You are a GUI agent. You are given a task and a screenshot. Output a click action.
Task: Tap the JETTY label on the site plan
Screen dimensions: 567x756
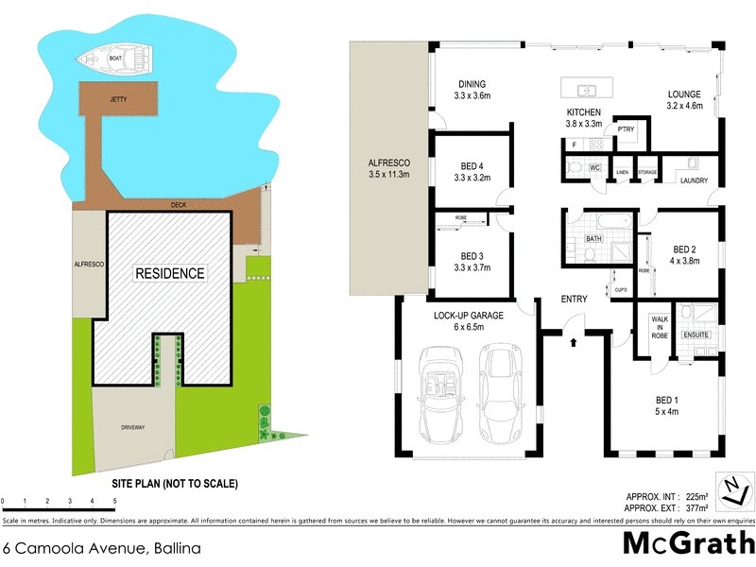pos(119,98)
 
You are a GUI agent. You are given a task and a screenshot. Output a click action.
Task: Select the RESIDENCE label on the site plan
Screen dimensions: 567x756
pos(169,273)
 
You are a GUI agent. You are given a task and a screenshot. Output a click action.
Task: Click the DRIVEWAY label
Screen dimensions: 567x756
pos(133,428)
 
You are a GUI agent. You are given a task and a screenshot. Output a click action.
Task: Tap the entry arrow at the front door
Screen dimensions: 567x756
pos(573,341)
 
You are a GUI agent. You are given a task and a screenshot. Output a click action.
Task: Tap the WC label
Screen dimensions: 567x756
pos(595,167)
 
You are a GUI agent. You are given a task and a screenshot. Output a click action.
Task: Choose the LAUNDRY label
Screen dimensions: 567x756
pos(694,181)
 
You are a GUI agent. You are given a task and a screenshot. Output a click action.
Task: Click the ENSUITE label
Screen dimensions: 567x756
pos(696,334)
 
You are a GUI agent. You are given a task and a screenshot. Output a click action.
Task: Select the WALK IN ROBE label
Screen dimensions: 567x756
pos(660,327)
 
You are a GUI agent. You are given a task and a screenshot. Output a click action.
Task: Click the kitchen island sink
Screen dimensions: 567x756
pos(587,91)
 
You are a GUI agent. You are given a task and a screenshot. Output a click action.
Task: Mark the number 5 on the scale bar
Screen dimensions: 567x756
pos(114,500)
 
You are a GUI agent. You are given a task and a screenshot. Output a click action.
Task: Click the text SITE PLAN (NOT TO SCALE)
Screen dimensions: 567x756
pos(156,483)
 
